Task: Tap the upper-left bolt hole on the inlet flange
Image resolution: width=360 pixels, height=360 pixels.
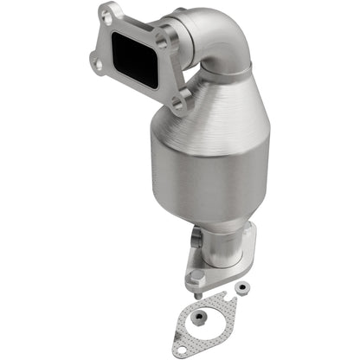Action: (x=106, y=15)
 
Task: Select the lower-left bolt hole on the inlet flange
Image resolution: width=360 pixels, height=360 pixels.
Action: (x=95, y=59)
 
